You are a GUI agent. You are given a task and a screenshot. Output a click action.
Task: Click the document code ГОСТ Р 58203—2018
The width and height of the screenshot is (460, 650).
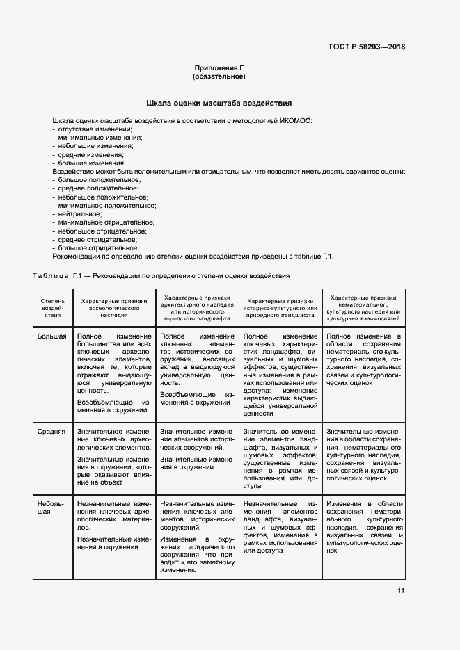[367, 47]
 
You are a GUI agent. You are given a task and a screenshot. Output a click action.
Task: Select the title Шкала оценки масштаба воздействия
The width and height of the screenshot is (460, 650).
[223, 103]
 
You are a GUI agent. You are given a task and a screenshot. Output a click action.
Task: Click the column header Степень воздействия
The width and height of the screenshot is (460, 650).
[53, 307]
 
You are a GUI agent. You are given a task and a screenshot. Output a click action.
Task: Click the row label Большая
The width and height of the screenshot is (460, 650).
[52, 336]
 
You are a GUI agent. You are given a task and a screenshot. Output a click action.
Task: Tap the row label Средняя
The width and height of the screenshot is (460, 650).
[51, 431]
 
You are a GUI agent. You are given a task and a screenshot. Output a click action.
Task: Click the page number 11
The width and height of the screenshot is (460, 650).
[401, 591]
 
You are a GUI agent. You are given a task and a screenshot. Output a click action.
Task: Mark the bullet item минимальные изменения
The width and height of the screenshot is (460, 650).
[95, 138]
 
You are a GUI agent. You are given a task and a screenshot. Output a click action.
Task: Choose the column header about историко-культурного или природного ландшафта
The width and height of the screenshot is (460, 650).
[281, 307]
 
